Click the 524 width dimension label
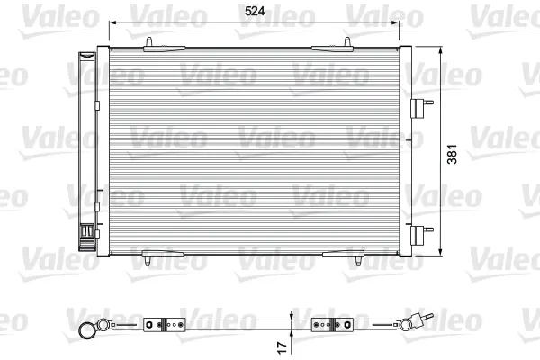tap(255, 11)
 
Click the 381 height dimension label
tap(452, 154)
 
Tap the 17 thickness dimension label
tap(282, 347)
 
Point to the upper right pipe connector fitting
tap(422, 108)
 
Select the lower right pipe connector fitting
tap(422, 235)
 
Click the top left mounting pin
tap(149, 42)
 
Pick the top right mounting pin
tap(347, 42)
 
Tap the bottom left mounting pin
tap(148, 260)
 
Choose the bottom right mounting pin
tap(358, 260)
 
